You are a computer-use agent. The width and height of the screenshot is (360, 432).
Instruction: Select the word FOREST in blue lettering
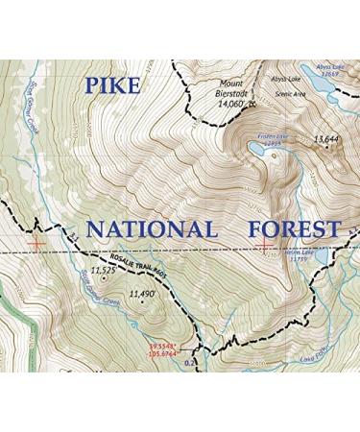coord(293,229)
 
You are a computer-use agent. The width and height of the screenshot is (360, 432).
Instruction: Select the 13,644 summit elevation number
coord(326,140)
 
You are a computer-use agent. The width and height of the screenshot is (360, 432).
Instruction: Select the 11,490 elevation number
coord(140,294)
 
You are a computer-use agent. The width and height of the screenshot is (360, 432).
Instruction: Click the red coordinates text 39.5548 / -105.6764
coord(163,348)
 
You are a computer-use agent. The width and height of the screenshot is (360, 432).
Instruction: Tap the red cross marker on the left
coord(36,244)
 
